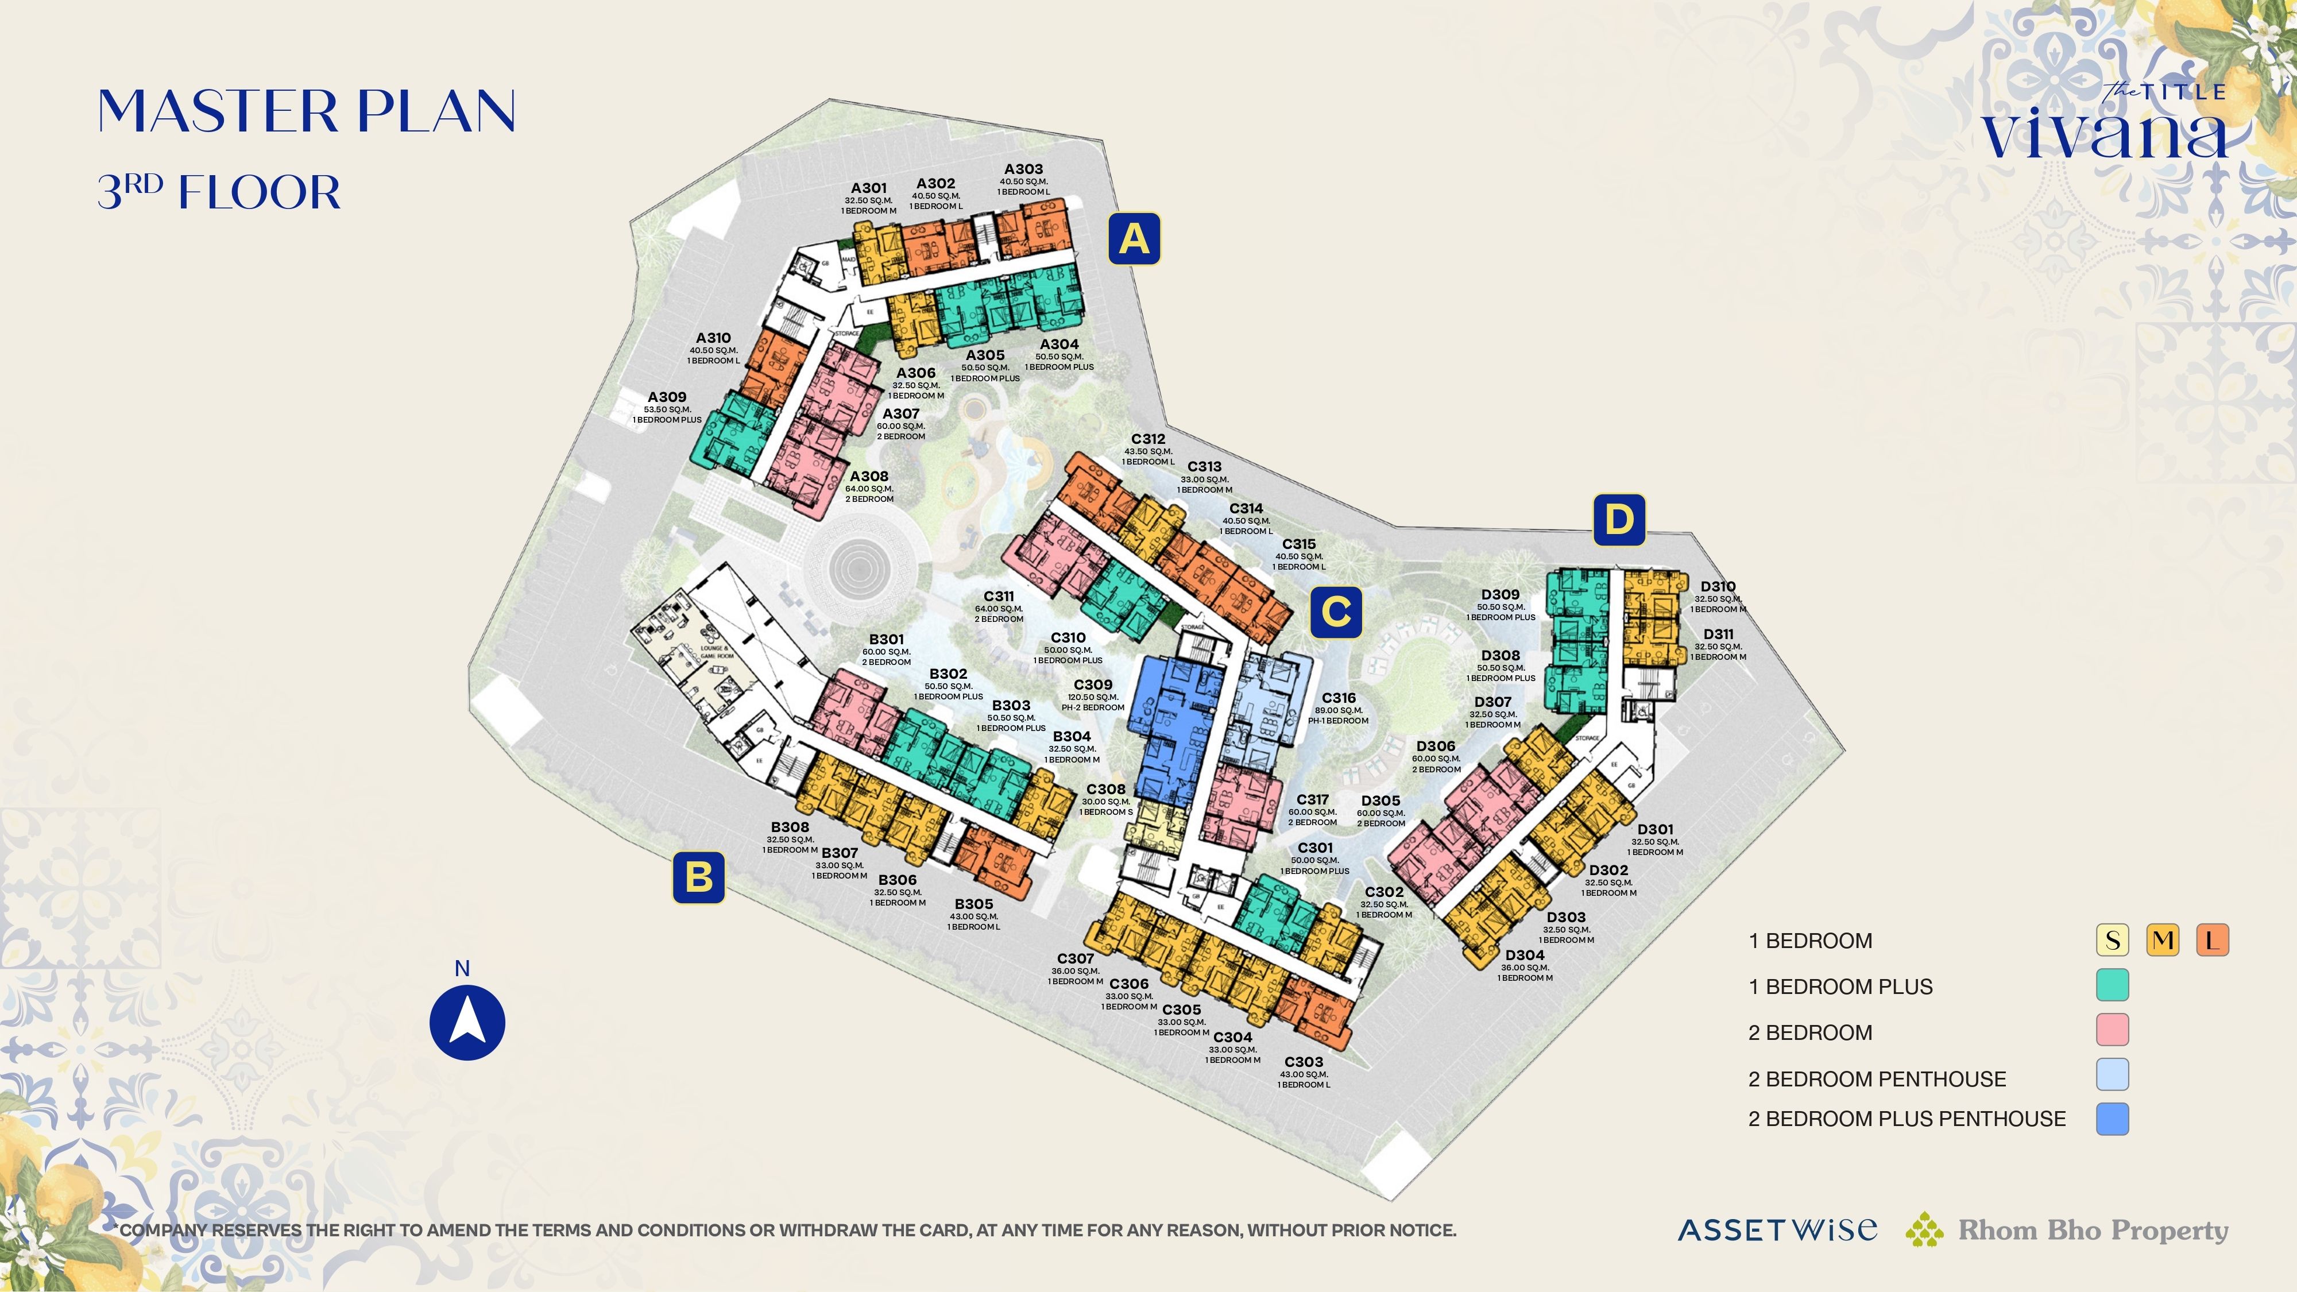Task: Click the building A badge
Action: pyautogui.click(x=1134, y=239)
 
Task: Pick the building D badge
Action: pyautogui.click(x=1618, y=519)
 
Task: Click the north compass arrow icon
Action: pyautogui.click(x=467, y=1022)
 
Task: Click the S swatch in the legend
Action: pyautogui.click(x=2112, y=940)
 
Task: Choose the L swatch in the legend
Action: pyautogui.click(x=2212, y=940)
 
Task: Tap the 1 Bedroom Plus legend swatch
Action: pyautogui.click(x=2112, y=985)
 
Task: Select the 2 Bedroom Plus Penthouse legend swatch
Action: pyautogui.click(x=2112, y=1118)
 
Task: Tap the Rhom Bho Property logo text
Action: pyautogui.click(x=2092, y=1231)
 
